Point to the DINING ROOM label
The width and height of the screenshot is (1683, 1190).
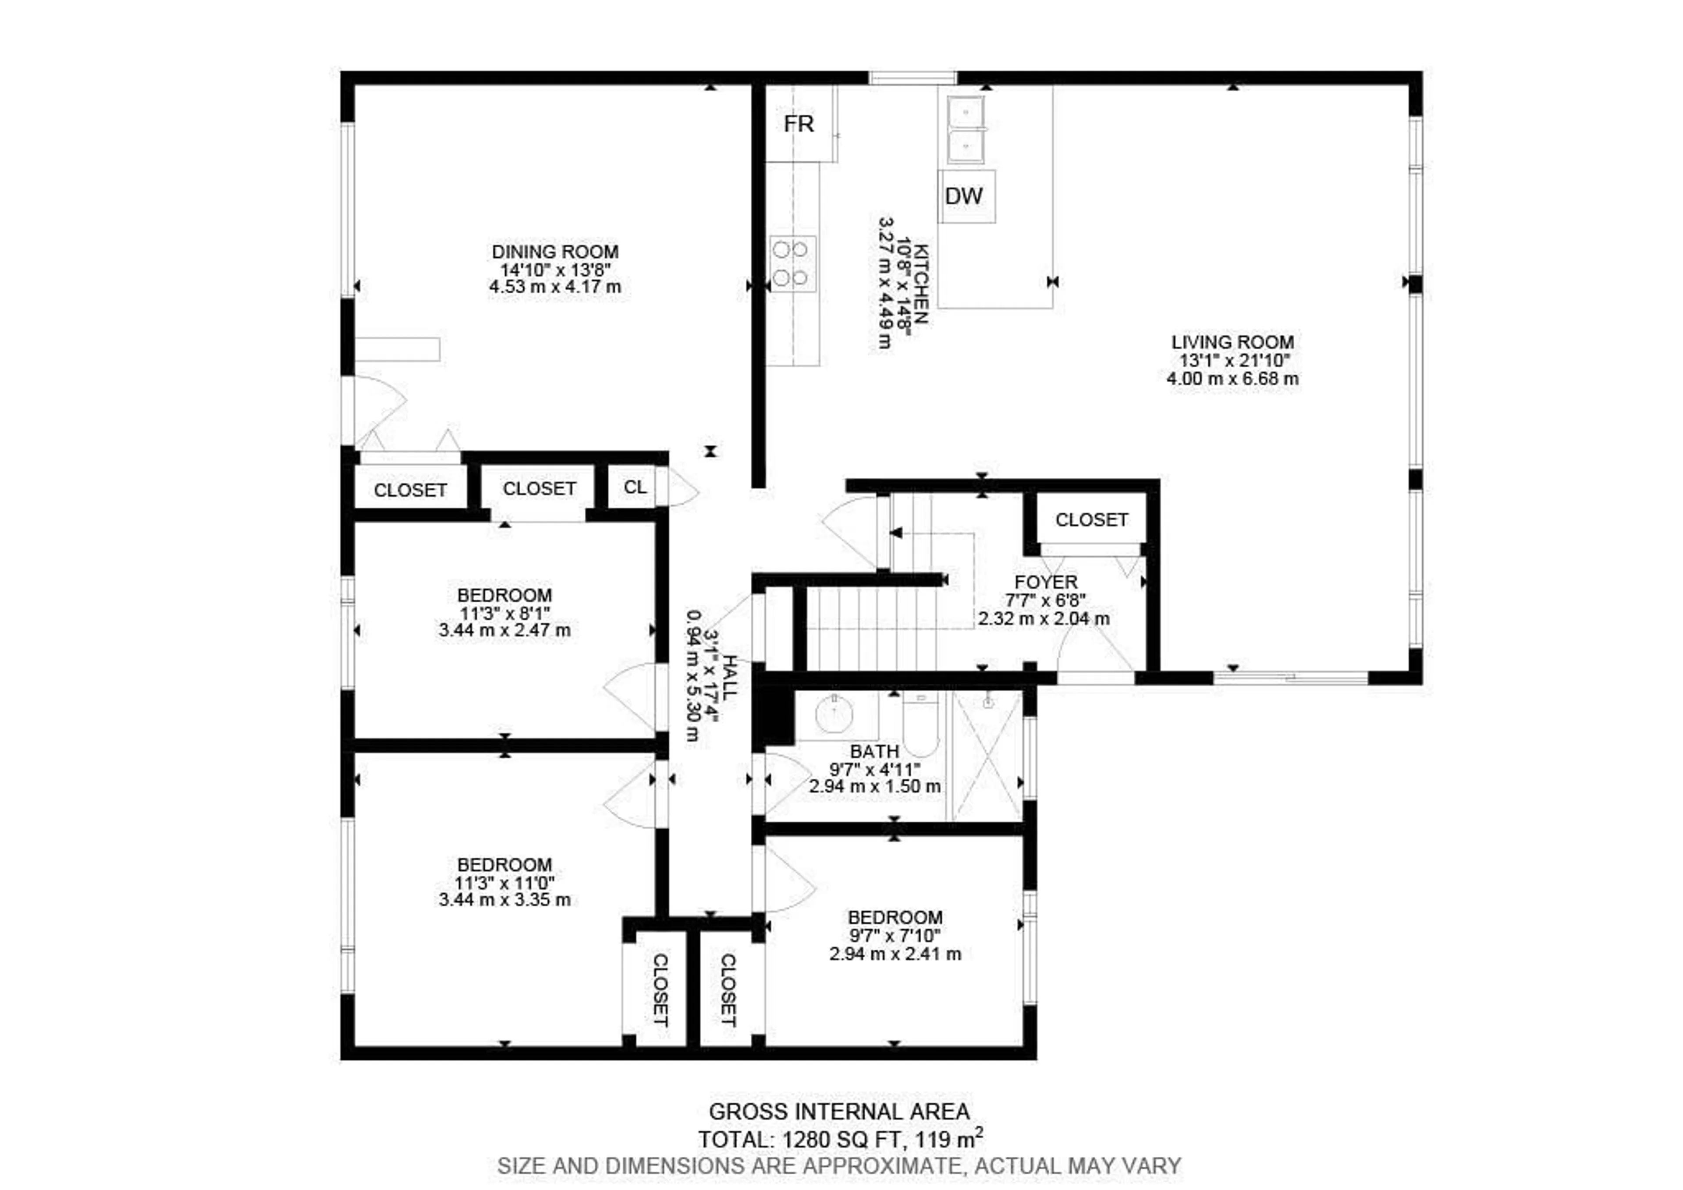click(x=555, y=252)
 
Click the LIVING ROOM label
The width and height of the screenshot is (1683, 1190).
click(x=1232, y=342)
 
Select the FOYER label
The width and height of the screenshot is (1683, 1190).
click(x=1045, y=582)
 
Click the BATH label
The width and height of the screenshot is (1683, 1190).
click(x=874, y=752)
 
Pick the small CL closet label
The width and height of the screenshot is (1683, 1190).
click(x=635, y=487)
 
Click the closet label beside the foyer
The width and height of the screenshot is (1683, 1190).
click(x=1091, y=520)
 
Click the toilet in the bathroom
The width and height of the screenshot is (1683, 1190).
click(x=921, y=726)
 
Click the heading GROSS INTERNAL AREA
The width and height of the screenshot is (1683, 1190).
click(x=839, y=1112)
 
